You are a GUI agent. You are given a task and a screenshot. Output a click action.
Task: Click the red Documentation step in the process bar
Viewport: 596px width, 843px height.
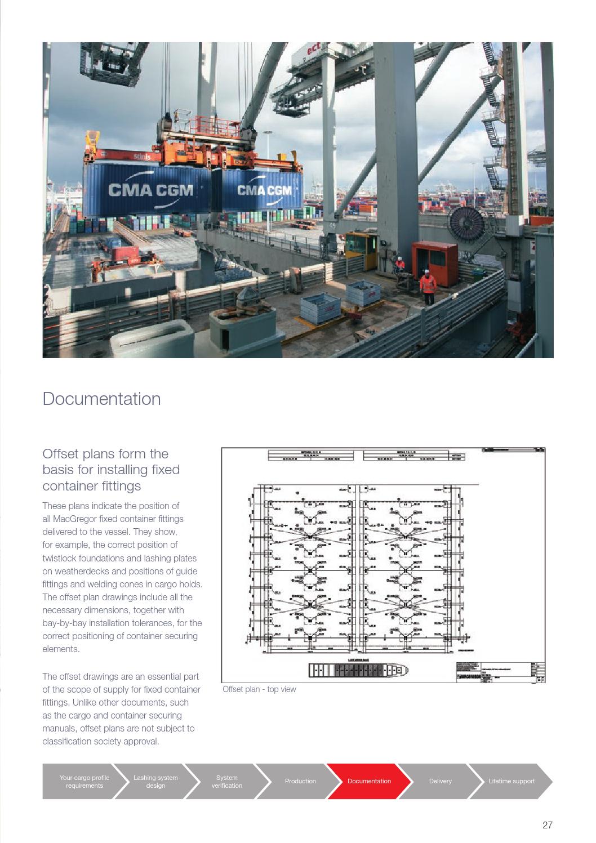[x=369, y=781]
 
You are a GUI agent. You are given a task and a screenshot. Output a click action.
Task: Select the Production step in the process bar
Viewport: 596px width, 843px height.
[x=300, y=781]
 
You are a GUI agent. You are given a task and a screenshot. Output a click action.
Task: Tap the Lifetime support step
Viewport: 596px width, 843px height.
[x=511, y=781]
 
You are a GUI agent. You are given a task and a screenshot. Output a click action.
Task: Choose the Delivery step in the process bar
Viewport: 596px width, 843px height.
[x=440, y=781]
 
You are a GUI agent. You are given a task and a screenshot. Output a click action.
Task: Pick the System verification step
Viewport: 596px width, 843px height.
[x=226, y=782]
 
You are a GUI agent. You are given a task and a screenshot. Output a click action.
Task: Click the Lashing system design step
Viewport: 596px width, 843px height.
[x=155, y=782]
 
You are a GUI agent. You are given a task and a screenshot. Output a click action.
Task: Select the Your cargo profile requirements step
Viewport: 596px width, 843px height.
[x=84, y=782]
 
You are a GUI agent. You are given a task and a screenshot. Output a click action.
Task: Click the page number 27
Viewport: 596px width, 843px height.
[x=547, y=825]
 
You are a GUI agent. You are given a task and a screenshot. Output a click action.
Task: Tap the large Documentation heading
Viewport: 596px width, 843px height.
[x=101, y=399]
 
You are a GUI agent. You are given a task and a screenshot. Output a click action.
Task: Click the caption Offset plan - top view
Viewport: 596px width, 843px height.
[x=259, y=689]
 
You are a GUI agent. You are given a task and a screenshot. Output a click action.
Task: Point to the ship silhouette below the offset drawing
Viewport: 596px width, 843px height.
[x=358, y=670]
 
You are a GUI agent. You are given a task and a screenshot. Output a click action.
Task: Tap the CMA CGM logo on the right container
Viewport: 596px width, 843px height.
[x=264, y=190]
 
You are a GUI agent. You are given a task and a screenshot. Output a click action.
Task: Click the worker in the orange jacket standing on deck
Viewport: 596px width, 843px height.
[x=428, y=288]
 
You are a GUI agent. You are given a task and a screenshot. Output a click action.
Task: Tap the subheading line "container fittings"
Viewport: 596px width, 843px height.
[x=92, y=485]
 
